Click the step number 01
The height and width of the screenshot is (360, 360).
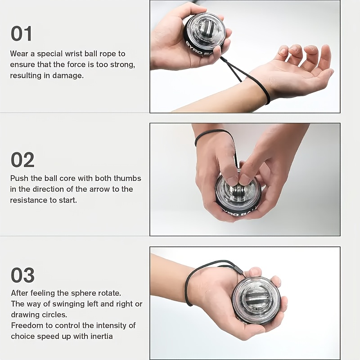(x=22, y=34)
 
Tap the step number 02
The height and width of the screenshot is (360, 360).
(x=22, y=160)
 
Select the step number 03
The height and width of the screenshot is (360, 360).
(x=22, y=275)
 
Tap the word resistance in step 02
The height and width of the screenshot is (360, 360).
(x=28, y=200)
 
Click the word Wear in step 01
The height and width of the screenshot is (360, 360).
(x=19, y=54)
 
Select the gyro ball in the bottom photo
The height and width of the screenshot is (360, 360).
(x=256, y=300)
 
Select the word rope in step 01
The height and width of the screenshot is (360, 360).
(x=116, y=54)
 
